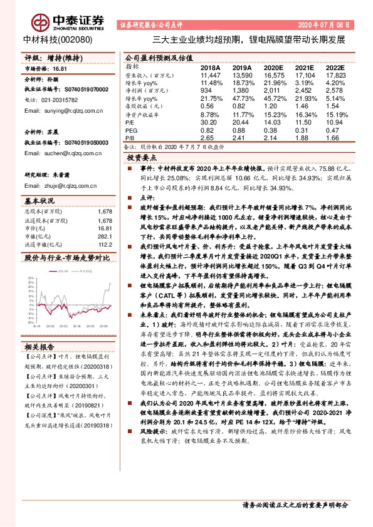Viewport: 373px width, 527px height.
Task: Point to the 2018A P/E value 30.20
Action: coord(209,123)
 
